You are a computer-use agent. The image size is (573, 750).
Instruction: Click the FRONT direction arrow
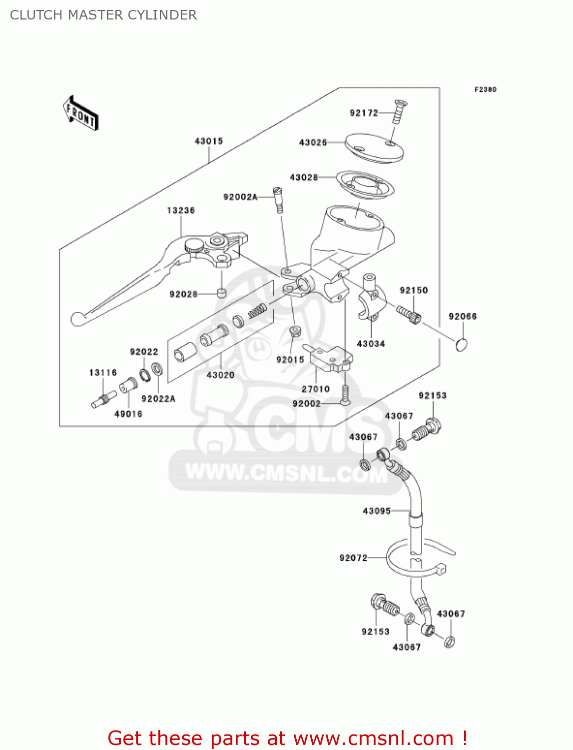coord(80,113)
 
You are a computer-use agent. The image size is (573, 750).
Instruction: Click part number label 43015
coord(209,141)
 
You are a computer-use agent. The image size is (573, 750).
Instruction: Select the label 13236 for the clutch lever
coord(181,210)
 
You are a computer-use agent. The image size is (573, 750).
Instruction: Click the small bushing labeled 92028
coord(221,293)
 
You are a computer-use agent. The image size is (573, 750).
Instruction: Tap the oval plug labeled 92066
coord(462,344)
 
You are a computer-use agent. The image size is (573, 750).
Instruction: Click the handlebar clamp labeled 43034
coord(371,300)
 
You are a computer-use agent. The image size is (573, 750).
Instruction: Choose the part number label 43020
coord(220,375)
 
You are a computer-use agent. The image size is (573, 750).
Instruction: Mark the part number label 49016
coord(128,414)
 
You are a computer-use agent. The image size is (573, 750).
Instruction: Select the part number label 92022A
coord(158,399)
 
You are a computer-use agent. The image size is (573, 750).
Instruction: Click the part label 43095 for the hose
coord(377,511)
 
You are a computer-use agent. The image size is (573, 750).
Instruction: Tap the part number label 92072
coord(353,558)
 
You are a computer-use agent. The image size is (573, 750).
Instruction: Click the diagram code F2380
coord(485,90)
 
